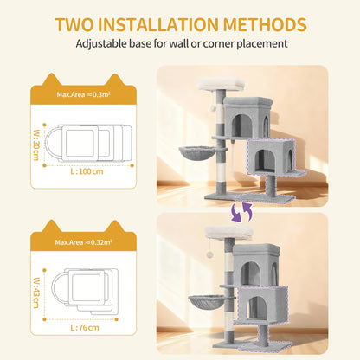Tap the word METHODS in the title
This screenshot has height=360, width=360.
click(x=265, y=24)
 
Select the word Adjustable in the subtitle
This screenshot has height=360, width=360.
click(x=101, y=44)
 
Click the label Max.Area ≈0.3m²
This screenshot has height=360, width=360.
click(x=84, y=94)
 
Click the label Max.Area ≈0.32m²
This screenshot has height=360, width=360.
click(x=84, y=242)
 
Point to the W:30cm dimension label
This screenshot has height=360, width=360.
click(x=36, y=145)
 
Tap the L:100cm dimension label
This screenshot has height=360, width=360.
click(x=87, y=171)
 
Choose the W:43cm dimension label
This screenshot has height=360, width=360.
click(x=36, y=292)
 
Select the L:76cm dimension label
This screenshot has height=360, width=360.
click(x=85, y=328)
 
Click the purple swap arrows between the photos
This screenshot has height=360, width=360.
click(x=241, y=211)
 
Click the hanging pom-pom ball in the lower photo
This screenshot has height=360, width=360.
click(x=209, y=255)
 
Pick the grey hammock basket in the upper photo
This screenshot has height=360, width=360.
click(x=197, y=152)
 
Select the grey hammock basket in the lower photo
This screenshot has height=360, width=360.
click(x=206, y=301)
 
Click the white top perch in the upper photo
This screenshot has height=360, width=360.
click(x=221, y=84)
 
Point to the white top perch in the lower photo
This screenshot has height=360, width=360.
click(x=229, y=233)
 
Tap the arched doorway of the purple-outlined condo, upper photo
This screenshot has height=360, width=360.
click(x=266, y=161)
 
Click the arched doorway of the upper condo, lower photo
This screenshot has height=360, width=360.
click(x=250, y=273)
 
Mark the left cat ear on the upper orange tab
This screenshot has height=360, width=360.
click(x=52, y=80)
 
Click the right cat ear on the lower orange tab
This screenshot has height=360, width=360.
click(x=115, y=226)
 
